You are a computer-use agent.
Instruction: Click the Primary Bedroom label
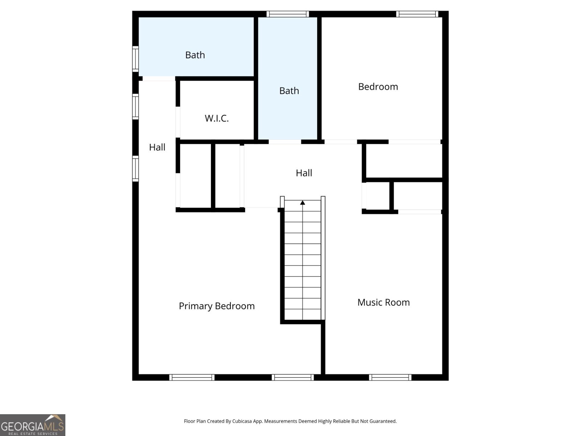click(216, 306)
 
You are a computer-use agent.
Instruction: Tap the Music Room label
click(383, 302)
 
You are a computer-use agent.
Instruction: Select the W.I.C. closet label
click(216, 118)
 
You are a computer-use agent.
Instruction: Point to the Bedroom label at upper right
click(378, 86)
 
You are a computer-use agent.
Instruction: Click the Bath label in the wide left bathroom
click(195, 55)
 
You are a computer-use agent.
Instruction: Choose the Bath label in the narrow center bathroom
click(289, 91)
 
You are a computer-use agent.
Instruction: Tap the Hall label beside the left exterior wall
click(157, 147)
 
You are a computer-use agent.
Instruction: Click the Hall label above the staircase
click(304, 173)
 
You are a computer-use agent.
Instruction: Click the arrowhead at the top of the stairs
click(302, 202)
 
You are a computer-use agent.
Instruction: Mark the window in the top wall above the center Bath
click(288, 14)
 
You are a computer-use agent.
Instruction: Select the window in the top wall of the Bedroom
click(417, 14)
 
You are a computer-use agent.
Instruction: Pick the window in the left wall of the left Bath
click(135, 59)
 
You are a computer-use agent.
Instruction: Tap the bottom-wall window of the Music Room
click(390, 378)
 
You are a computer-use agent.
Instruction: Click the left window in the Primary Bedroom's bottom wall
click(192, 378)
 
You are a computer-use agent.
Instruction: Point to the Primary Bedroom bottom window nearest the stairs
click(293, 378)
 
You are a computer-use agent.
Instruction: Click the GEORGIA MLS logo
click(33, 425)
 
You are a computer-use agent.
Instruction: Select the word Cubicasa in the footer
click(242, 421)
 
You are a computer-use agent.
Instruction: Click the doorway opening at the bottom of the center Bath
click(285, 142)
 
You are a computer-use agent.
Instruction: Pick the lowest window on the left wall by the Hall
click(135, 169)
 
